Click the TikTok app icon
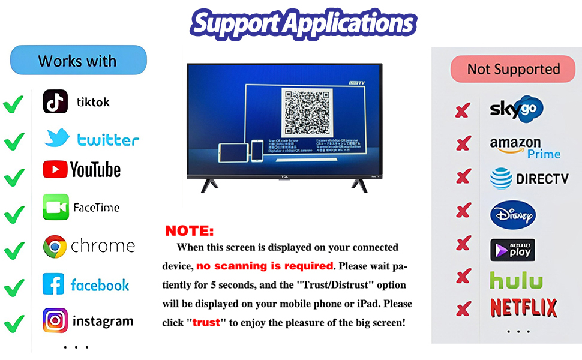tap(55, 101)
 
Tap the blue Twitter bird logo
tap(58, 138)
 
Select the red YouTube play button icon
tap(55, 170)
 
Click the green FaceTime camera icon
tap(56, 207)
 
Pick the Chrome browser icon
tap(55, 247)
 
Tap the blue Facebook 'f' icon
tap(53, 284)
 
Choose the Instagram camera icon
tap(55, 320)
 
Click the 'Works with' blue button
tap(78, 61)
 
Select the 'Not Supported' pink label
tap(513, 69)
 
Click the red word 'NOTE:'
tap(189, 231)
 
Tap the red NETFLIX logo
tap(524, 308)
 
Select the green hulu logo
tap(516, 280)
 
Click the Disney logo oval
tap(512, 214)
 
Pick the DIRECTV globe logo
tap(501, 178)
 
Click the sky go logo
tap(516, 109)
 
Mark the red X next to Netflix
tap(463, 310)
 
